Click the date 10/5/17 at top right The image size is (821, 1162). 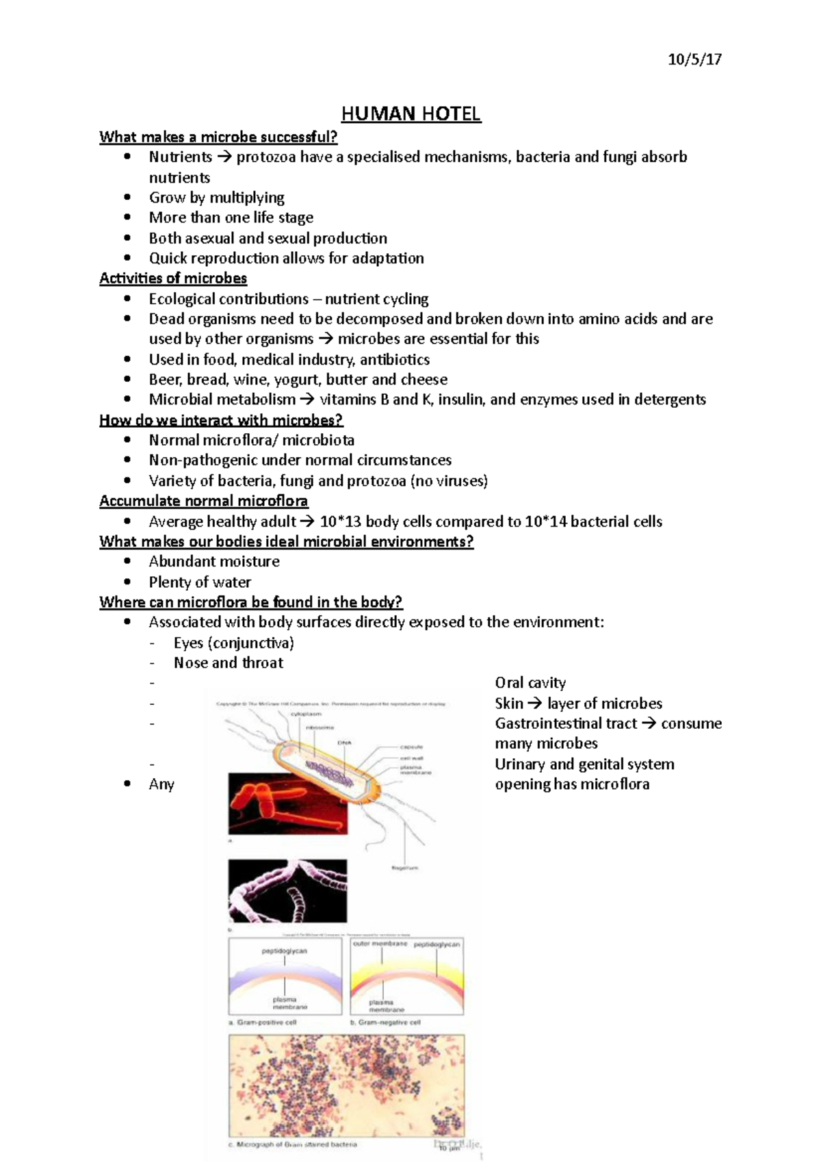pos(694,60)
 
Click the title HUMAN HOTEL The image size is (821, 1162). pos(411,114)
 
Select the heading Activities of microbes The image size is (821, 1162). pos(173,279)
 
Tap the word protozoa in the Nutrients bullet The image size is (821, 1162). pos(265,157)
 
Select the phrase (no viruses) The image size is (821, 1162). pos(449,481)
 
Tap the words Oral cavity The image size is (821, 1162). pos(530,683)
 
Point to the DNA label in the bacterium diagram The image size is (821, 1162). pos(343,743)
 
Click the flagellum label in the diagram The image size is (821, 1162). pos(404,868)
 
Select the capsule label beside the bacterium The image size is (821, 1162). pos(411,747)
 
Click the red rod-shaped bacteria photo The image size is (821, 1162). pos(287,803)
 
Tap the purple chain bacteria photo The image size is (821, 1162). pos(287,890)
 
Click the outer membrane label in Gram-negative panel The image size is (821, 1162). pos(380,944)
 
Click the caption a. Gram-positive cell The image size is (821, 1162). pos(263,1022)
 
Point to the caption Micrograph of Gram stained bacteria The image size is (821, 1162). pos(294,1144)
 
